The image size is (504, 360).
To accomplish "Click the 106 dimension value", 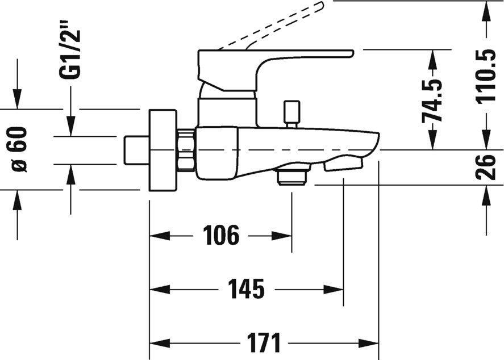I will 222,235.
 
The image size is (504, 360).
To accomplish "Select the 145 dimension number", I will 247,290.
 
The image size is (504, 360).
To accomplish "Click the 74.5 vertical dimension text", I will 432,100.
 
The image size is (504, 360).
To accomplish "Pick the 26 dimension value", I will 487,167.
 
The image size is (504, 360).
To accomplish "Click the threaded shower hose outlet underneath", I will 292,177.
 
